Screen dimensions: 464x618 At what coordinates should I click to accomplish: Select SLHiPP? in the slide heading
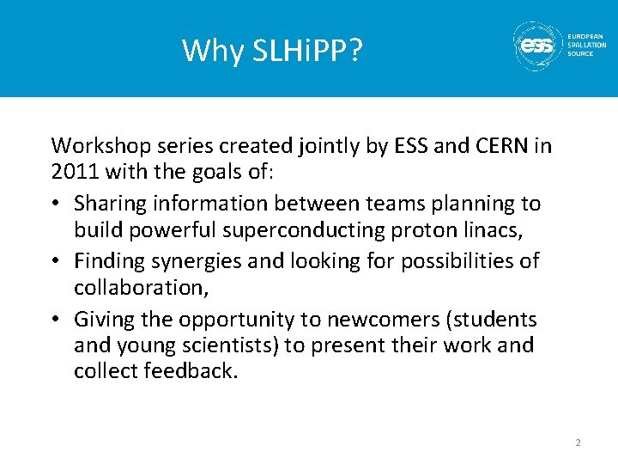(307, 52)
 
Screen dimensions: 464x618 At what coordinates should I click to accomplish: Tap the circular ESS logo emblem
(537, 45)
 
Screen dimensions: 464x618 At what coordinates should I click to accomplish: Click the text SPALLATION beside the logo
(586, 45)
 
